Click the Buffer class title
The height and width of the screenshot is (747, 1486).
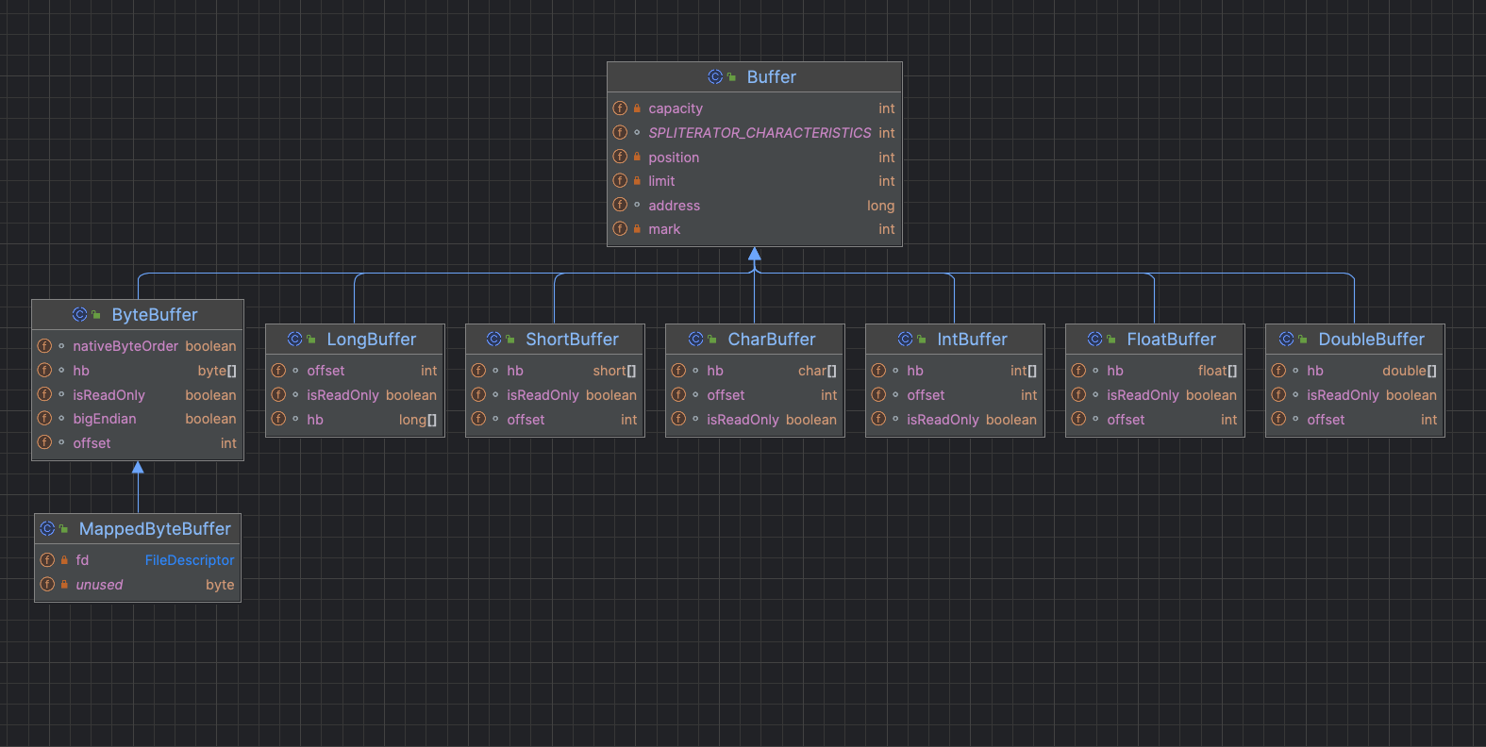point(771,77)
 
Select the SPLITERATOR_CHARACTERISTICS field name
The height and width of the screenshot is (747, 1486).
point(760,133)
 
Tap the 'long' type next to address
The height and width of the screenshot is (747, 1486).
point(880,206)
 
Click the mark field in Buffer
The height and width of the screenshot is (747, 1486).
point(664,229)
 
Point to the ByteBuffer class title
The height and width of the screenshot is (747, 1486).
point(155,315)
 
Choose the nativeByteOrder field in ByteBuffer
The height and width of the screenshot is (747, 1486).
point(125,346)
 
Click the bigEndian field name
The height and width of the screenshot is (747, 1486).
point(105,419)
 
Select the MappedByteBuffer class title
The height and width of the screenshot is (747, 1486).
point(155,529)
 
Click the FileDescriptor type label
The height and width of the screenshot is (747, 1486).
point(189,560)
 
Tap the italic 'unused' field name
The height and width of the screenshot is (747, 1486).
point(99,585)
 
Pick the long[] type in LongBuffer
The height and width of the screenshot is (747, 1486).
point(417,420)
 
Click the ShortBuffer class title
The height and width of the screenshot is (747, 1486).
point(572,340)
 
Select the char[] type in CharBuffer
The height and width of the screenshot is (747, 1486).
point(817,371)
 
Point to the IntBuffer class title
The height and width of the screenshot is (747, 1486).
point(972,340)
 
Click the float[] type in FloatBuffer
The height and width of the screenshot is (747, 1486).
point(1217,371)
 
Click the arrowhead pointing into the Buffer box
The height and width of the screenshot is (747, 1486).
point(755,254)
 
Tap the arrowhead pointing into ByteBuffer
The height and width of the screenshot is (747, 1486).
point(138,468)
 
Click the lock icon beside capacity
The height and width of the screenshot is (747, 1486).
point(637,108)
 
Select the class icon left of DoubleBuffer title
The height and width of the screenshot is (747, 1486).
point(1286,340)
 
